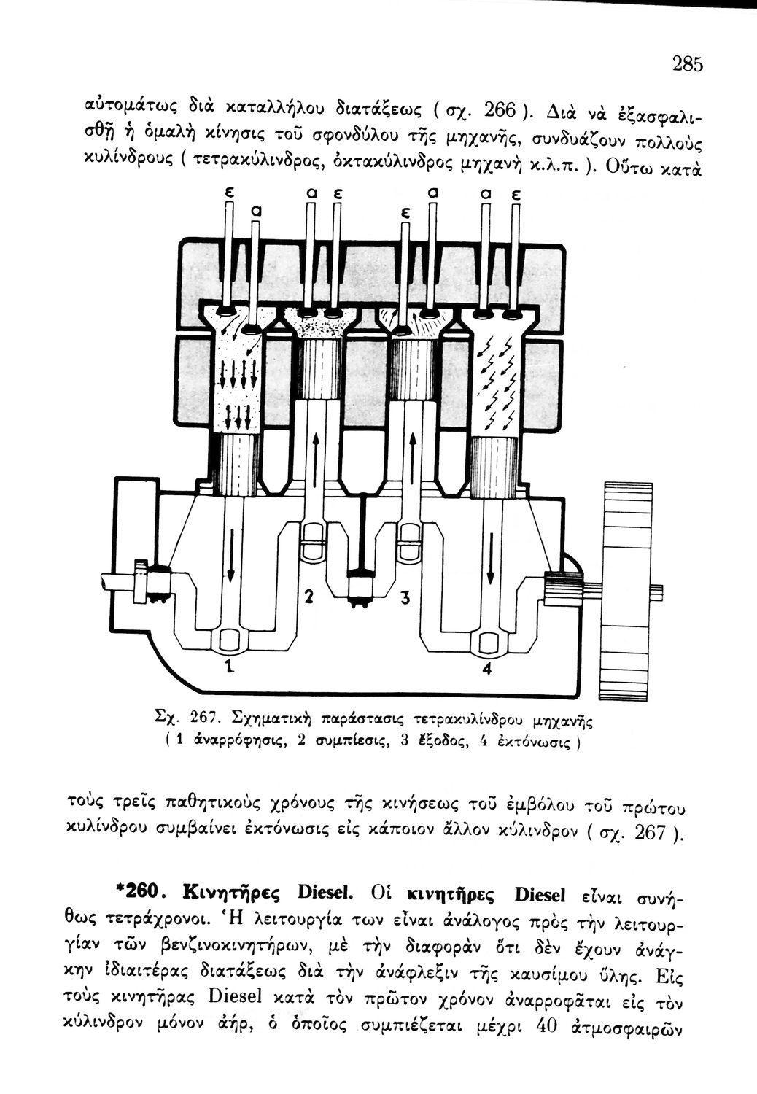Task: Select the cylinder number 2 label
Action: (x=308, y=597)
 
